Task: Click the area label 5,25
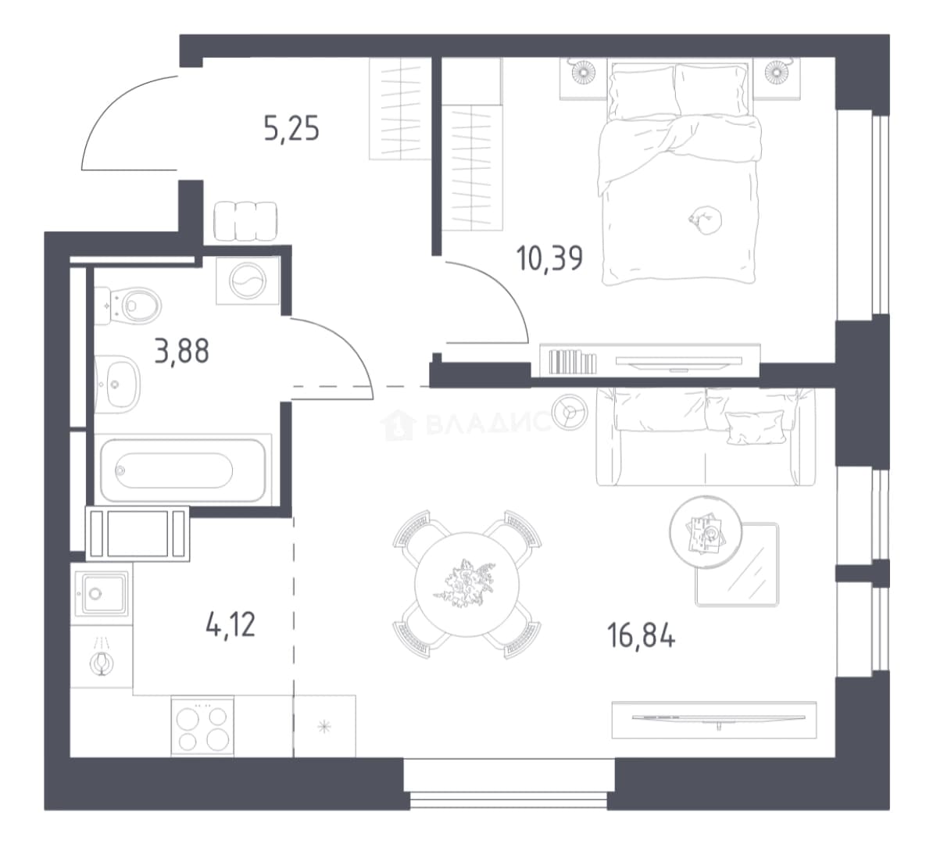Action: click(x=291, y=129)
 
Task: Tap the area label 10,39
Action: click(x=550, y=259)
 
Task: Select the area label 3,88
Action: click(x=181, y=351)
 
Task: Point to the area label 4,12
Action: click(x=231, y=625)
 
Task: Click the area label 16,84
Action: click(x=642, y=635)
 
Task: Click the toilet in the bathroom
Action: click(x=128, y=306)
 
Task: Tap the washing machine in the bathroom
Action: click(x=248, y=281)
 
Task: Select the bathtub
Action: click(x=183, y=470)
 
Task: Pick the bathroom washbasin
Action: click(x=117, y=384)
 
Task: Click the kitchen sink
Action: click(x=101, y=593)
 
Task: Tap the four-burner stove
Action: click(x=202, y=725)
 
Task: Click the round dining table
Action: click(x=467, y=585)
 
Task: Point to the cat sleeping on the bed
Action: click(x=706, y=220)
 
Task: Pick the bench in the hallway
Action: click(x=245, y=221)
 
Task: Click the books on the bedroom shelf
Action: click(x=573, y=362)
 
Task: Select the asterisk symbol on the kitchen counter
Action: click(x=324, y=726)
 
